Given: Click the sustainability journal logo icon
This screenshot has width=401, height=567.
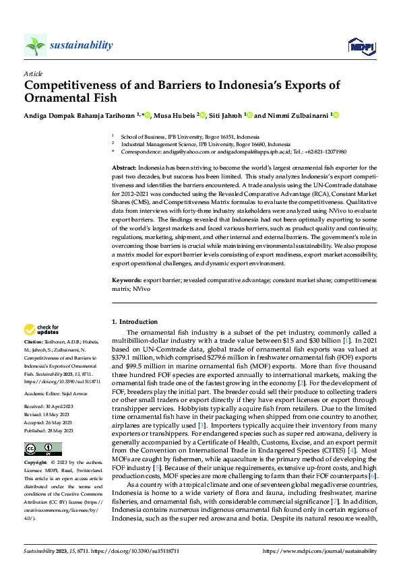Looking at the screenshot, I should [35, 46].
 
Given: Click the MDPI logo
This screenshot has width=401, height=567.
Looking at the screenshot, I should [361, 45].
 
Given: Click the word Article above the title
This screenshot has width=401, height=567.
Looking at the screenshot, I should [32, 73].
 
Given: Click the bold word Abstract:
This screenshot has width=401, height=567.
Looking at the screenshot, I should [124, 166].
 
